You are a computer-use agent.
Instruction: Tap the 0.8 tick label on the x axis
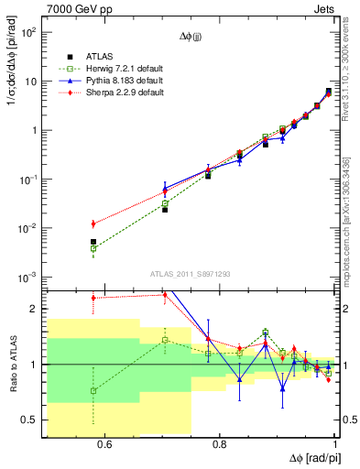point(220,445)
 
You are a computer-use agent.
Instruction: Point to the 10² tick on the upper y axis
point(28,32)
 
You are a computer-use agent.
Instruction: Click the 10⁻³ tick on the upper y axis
point(28,277)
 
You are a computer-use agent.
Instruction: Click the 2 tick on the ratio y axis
point(33,309)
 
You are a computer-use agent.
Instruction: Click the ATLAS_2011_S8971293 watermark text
point(190,274)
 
